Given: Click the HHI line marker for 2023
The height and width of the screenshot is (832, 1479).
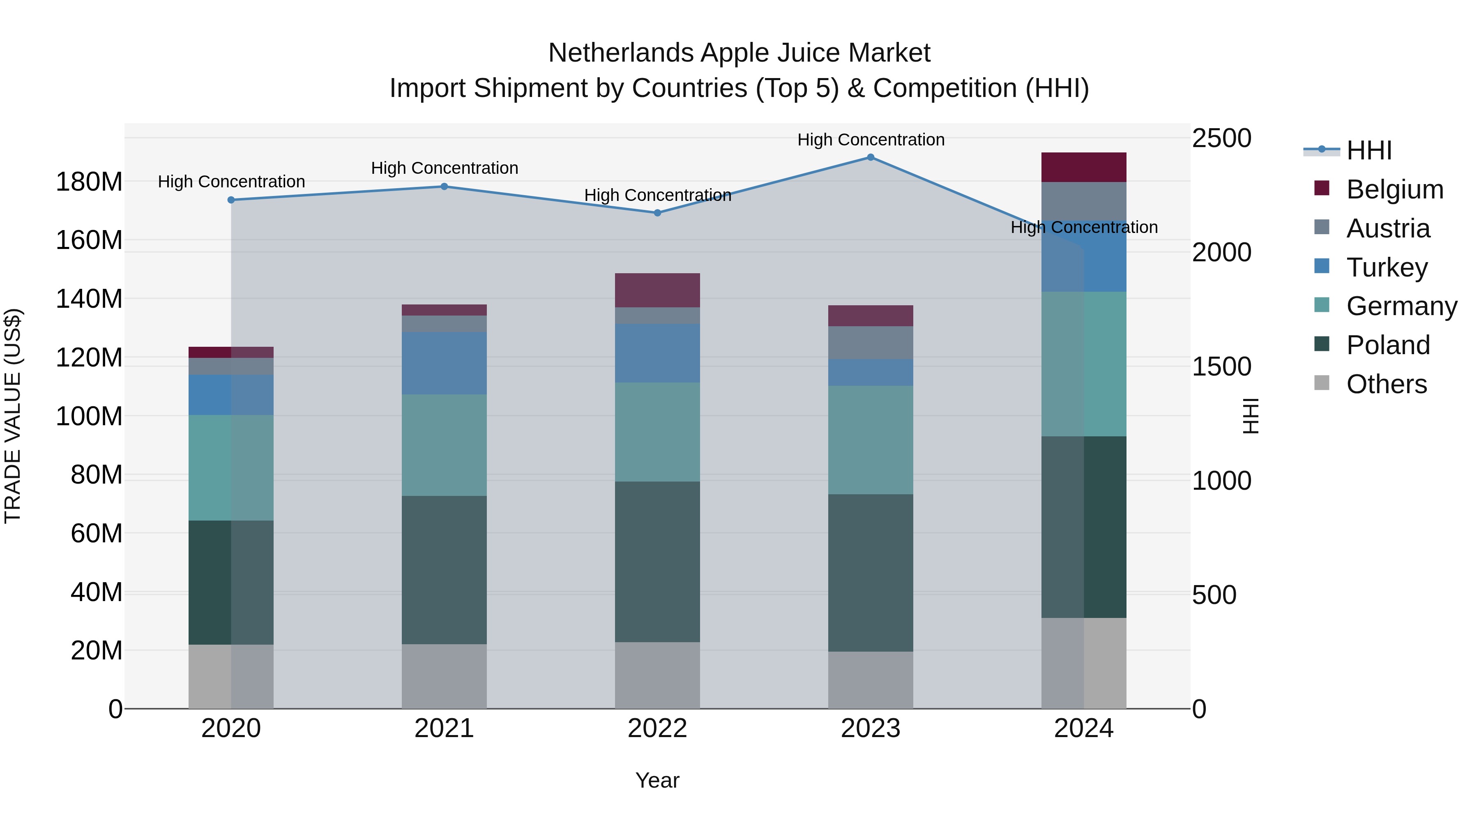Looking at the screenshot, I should (871, 157).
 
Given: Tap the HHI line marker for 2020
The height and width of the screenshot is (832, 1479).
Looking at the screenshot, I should (231, 200).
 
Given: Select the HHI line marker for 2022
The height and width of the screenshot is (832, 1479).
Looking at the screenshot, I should (657, 212).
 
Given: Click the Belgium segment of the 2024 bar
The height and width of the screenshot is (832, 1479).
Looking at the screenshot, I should (1083, 167).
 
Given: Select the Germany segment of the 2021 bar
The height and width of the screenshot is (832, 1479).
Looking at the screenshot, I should (444, 445).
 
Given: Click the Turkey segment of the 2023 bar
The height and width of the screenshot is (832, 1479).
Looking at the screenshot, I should (871, 372).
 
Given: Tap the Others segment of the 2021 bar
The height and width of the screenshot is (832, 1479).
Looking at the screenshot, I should (444, 676).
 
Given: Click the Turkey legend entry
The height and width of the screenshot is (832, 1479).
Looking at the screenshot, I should (1386, 267).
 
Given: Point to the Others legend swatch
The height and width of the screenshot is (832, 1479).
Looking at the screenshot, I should (1321, 383).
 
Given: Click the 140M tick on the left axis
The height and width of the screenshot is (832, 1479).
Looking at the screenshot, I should (89, 299).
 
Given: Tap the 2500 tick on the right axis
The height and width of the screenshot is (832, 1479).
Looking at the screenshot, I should (1221, 138).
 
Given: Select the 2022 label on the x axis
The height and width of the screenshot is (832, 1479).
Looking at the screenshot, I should (657, 728).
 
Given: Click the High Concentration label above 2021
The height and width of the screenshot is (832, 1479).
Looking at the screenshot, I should (445, 168).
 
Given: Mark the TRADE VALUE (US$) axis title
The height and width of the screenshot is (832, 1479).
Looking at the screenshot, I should (13, 416).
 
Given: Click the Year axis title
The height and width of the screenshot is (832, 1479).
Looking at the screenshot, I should (657, 780).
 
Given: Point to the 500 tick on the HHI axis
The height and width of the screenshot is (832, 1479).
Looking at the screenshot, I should (1214, 595).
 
